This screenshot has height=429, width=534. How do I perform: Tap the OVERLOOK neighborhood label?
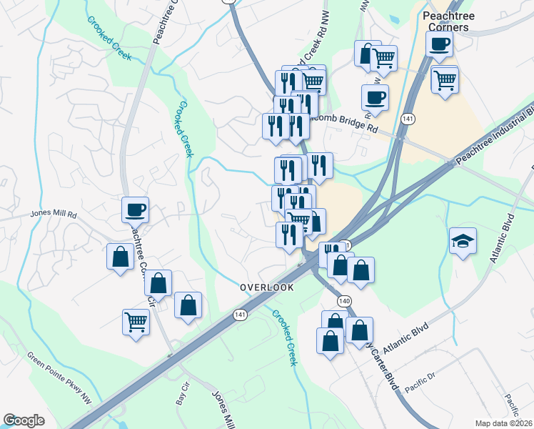[266, 287]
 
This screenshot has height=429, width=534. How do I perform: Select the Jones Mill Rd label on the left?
[53, 213]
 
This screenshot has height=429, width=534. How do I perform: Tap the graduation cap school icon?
[462, 241]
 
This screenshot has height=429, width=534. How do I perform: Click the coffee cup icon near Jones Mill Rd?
[135, 209]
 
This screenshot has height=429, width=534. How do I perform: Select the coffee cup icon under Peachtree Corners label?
[438, 43]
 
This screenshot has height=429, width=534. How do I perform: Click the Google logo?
[24, 420]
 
